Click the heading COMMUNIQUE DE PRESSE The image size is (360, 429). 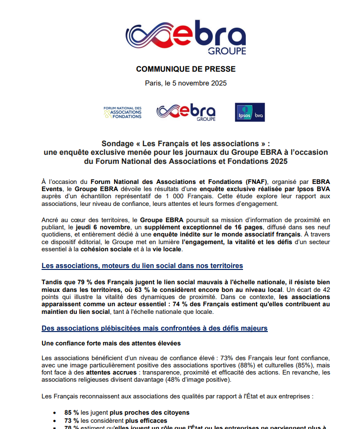tap(186, 69)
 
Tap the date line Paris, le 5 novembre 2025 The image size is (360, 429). tap(186, 83)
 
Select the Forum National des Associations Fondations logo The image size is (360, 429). tap(123, 112)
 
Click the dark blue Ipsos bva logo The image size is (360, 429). tap(250, 112)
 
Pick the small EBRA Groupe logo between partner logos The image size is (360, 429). tap(186, 112)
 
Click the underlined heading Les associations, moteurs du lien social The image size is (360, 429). tap(142, 265)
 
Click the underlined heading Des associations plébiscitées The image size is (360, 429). tap(155, 328)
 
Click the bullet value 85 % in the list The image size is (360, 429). tap(72, 412)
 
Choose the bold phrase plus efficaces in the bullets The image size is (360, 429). tap(146, 420)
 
